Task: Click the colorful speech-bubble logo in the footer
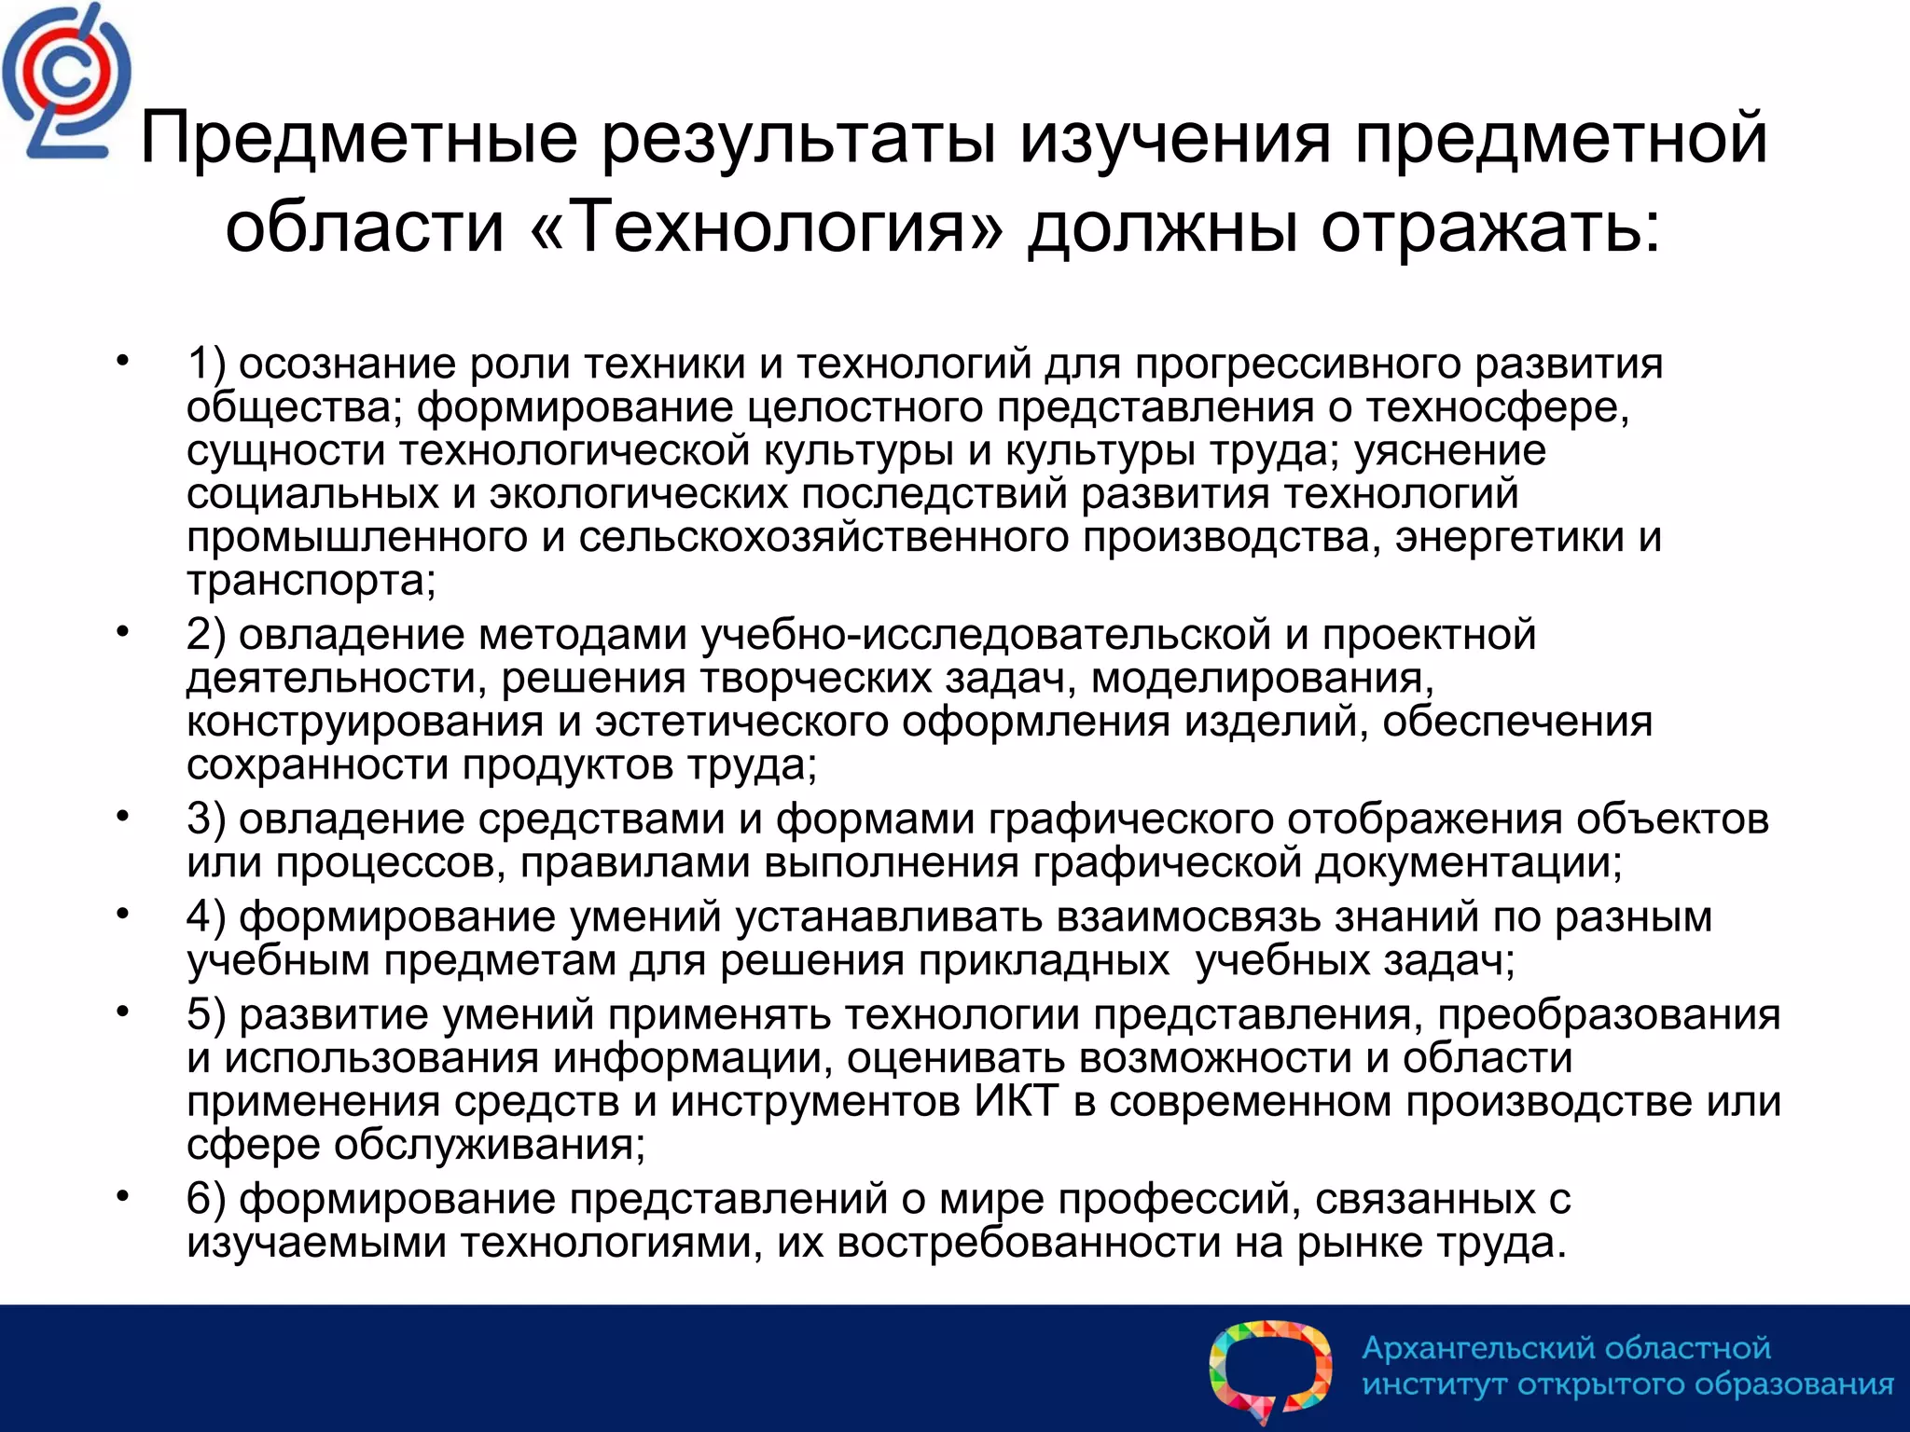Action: point(1270,1369)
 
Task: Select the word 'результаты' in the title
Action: point(799,138)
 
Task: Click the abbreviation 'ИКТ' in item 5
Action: point(1017,1101)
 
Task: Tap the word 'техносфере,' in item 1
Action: point(1498,407)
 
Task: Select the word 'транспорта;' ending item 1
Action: point(311,581)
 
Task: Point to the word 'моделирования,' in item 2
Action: point(1262,679)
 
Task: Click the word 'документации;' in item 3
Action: point(1468,862)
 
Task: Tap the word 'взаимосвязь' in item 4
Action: point(1188,917)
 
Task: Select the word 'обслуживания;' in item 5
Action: point(489,1145)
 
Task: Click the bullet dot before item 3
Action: point(121,816)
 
